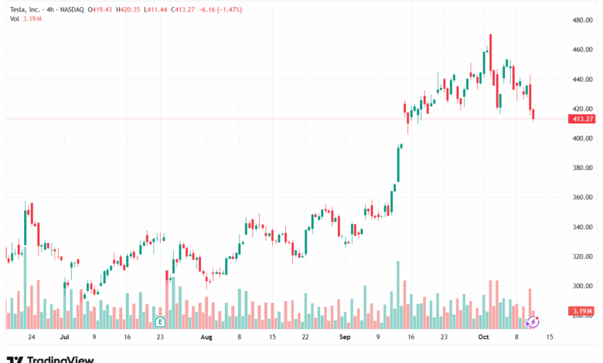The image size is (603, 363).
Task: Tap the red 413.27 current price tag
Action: [x=581, y=119]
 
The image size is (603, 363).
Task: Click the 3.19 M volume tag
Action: [x=582, y=311]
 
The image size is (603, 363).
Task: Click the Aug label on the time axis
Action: [x=206, y=338]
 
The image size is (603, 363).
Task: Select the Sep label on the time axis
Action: [x=345, y=338]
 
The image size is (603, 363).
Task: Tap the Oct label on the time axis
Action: [x=484, y=338]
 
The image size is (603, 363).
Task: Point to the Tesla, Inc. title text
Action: [x=24, y=8]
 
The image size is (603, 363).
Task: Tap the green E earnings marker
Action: [x=160, y=321]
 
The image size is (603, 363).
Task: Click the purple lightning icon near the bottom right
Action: [x=532, y=321]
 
